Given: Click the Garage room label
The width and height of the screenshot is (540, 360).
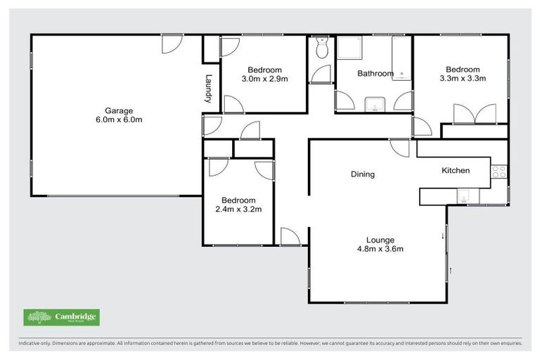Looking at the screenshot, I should pyautogui.click(x=119, y=110).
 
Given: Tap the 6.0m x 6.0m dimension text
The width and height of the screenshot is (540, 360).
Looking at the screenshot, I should pyautogui.click(x=119, y=120).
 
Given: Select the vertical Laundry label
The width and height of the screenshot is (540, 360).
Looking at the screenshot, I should pyautogui.click(x=208, y=89).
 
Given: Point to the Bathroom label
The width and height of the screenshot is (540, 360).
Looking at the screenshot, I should pyautogui.click(x=375, y=73).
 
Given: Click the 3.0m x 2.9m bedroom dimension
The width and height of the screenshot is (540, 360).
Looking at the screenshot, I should pyautogui.click(x=264, y=79).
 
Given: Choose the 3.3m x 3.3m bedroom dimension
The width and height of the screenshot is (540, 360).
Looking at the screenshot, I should pyautogui.click(x=463, y=79).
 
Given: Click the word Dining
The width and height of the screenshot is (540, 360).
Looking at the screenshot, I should pyautogui.click(x=363, y=174).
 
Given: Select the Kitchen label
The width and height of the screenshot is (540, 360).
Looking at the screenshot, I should pyautogui.click(x=455, y=170).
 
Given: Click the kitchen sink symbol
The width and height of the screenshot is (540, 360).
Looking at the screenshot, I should pyautogui.click(x=465, y=197).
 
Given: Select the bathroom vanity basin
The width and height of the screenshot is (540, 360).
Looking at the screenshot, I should pyautogui.click(x=375, y=106).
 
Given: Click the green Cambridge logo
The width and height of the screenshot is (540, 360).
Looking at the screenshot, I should pyautogui.click(x=61, y=317).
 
